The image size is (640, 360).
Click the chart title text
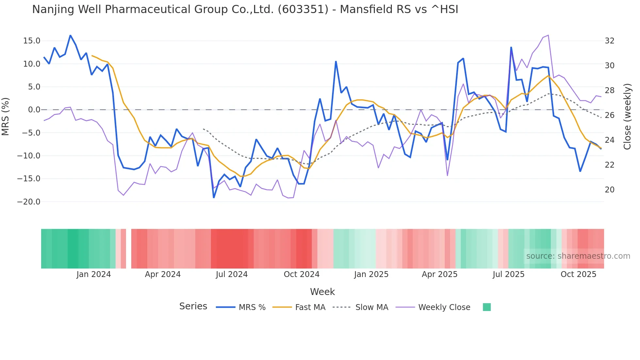click(x=245, y=9)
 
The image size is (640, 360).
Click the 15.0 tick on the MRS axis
click(x=31, y=41)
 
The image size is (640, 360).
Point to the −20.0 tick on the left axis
click(x=29, y=202)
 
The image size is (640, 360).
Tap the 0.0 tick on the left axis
click(x=34, y=110)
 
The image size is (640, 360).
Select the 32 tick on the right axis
click(x=609, y=41)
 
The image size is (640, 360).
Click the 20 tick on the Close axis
click(x=609, y=190)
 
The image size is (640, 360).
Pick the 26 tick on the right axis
click(x=609, y=115)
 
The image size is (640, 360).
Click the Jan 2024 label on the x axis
click(x=94, y=274)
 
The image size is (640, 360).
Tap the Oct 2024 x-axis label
click(x=301, y=274)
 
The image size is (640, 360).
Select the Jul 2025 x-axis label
click(x=508, y=274)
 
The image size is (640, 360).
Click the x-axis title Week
click(x=322, y=292)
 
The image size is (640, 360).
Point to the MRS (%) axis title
click(x=6, y=117)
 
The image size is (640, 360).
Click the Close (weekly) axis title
click(x=627, y=117)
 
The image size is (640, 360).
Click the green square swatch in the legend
click(x=487, y=307)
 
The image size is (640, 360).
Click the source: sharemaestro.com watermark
click(x=578, y=256)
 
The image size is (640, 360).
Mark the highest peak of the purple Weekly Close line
click(x=548, y=35)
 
